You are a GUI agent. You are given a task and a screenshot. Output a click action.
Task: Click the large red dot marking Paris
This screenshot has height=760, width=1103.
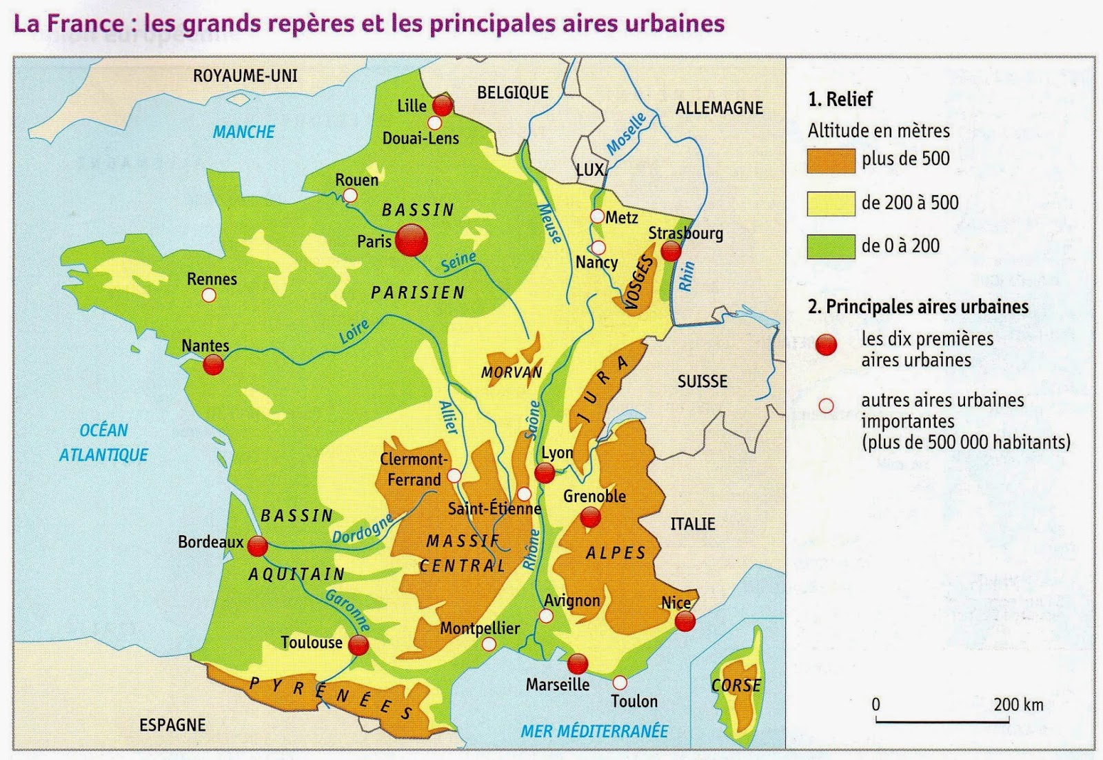[412, 240]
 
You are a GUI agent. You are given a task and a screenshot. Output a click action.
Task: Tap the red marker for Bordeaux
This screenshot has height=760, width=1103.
[257, 546]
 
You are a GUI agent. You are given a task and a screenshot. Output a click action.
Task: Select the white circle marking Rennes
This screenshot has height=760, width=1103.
[209, 295]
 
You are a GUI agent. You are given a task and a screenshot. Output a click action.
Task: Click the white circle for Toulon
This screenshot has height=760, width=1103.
[620, 682]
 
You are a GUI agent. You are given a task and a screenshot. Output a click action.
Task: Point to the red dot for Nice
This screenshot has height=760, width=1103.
[685, 621]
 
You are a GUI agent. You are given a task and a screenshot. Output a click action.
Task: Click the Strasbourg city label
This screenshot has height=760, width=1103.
[685, 233]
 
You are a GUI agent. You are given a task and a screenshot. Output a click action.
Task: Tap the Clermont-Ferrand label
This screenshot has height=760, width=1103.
[414, 470]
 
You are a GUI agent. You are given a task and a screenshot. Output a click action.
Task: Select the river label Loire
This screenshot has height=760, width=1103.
[354, 332]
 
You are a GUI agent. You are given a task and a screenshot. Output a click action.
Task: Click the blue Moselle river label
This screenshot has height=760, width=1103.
[626, 133]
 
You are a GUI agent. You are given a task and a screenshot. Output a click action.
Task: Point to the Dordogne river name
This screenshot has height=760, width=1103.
[362, 528]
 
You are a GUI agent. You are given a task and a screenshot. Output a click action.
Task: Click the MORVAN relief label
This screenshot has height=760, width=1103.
[512, 372]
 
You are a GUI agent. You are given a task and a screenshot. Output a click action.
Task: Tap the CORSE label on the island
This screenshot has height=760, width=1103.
[736, 686]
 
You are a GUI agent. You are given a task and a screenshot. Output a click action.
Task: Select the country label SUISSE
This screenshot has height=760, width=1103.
[702, 381]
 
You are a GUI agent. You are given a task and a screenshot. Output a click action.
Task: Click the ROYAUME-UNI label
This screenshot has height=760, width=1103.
[245, 75]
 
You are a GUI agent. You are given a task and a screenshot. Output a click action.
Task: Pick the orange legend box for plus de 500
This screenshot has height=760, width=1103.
[831, 160]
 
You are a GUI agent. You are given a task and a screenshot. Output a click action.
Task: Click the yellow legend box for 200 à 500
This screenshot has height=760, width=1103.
[831, 204]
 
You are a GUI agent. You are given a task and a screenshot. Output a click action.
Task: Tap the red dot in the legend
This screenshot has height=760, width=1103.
[826, 345]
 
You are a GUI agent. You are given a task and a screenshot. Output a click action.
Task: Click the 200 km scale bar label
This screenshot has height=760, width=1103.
[1018, 705]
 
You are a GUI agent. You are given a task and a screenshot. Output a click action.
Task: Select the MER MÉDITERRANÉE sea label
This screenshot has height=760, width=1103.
[594, 731]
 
